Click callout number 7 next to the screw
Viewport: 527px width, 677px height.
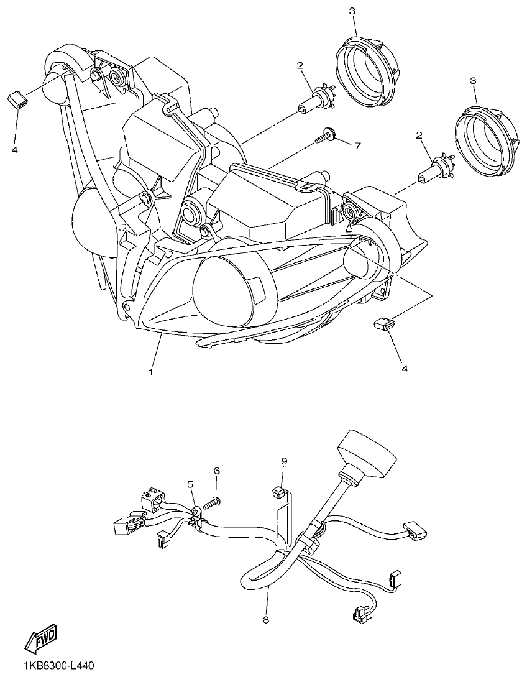(357, 145)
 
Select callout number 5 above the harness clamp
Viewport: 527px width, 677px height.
(191, 484)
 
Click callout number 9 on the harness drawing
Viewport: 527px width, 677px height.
(284, 461)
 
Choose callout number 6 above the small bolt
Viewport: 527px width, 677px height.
(217, 471)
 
